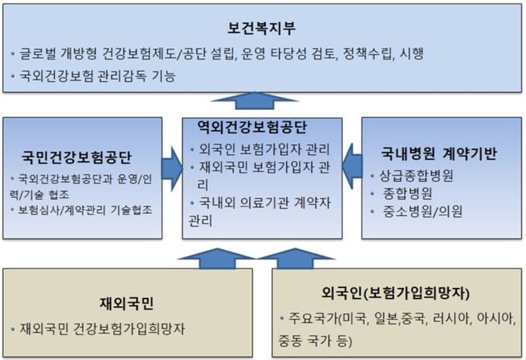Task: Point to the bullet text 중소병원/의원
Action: (x=422, y=211)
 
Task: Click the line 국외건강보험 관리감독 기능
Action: (x=101, y=76)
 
